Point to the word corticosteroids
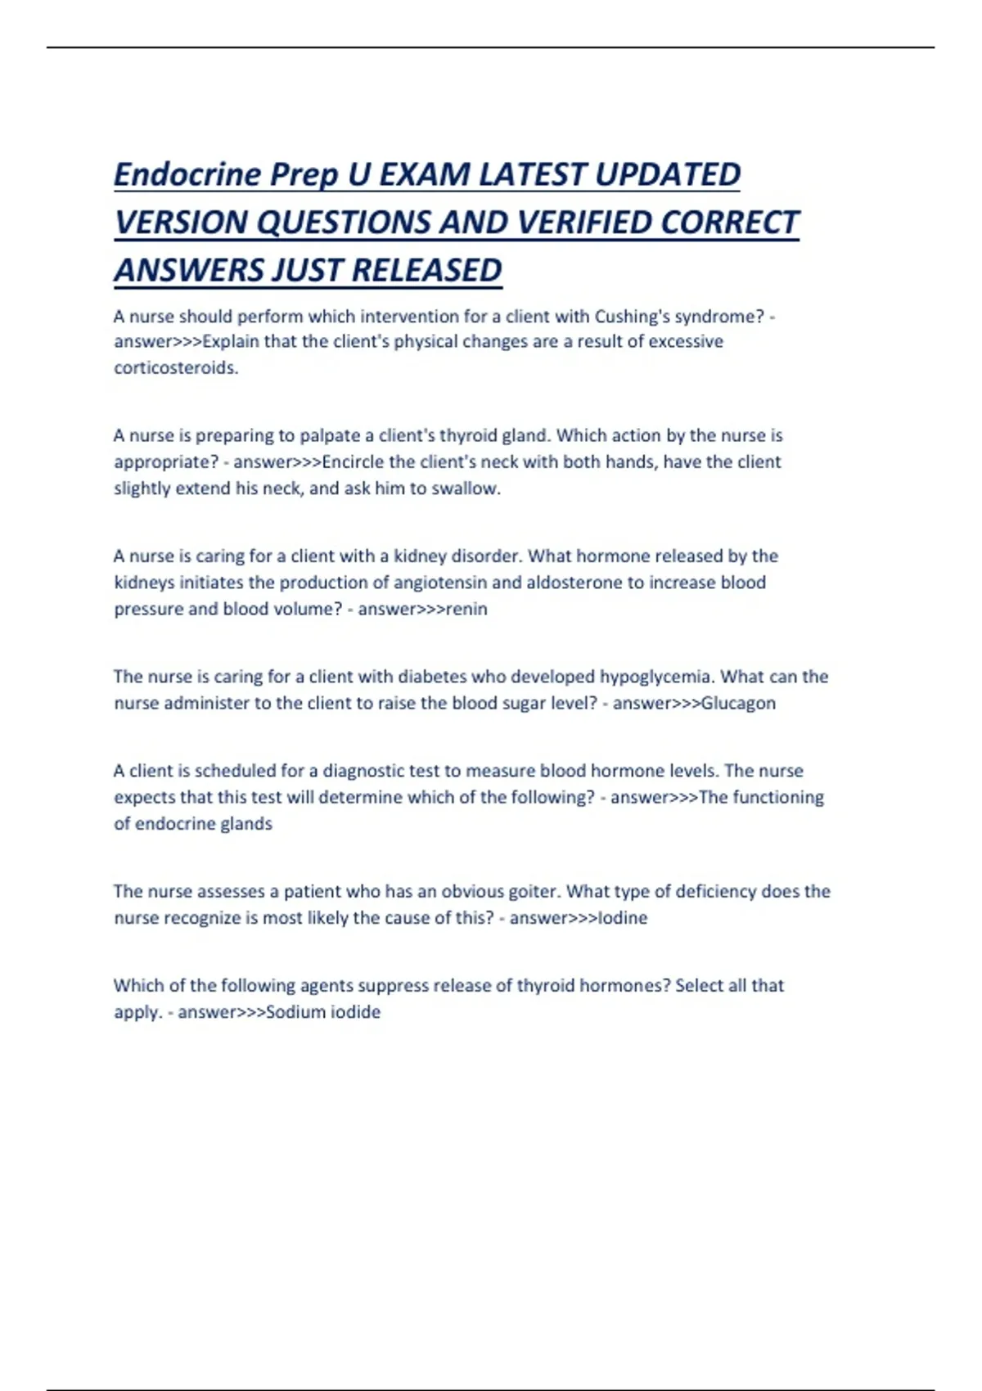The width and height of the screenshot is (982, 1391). [175, 368]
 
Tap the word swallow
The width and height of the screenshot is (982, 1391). [468, 488]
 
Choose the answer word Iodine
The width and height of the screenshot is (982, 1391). [623, 918]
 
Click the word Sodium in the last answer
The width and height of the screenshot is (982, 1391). [296, 1012]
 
